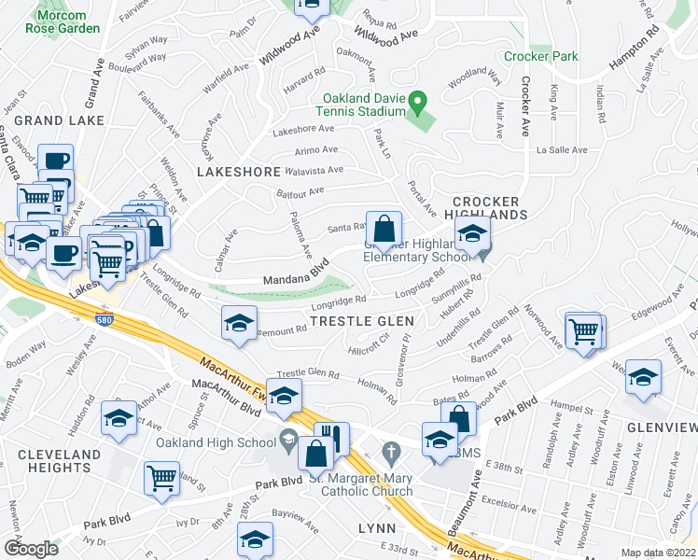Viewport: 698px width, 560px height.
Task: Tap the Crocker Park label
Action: tap(540, 56)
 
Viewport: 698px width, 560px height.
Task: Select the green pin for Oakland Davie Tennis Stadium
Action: tap(419, 99)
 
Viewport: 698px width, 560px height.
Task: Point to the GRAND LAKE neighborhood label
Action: tap(52, 120)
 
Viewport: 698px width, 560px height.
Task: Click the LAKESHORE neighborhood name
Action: tap(240, 172)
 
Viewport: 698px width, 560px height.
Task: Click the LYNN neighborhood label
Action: tap(378, 528)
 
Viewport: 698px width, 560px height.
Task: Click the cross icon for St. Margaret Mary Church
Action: tap(392, 453)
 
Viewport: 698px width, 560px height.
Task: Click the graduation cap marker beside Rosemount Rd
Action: tap(240, 323)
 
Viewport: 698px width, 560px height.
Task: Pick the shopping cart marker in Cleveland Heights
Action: tap(161, 476)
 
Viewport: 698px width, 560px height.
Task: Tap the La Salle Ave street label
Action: tap(561, 149)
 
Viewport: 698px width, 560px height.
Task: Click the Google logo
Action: tap(31, 548)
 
